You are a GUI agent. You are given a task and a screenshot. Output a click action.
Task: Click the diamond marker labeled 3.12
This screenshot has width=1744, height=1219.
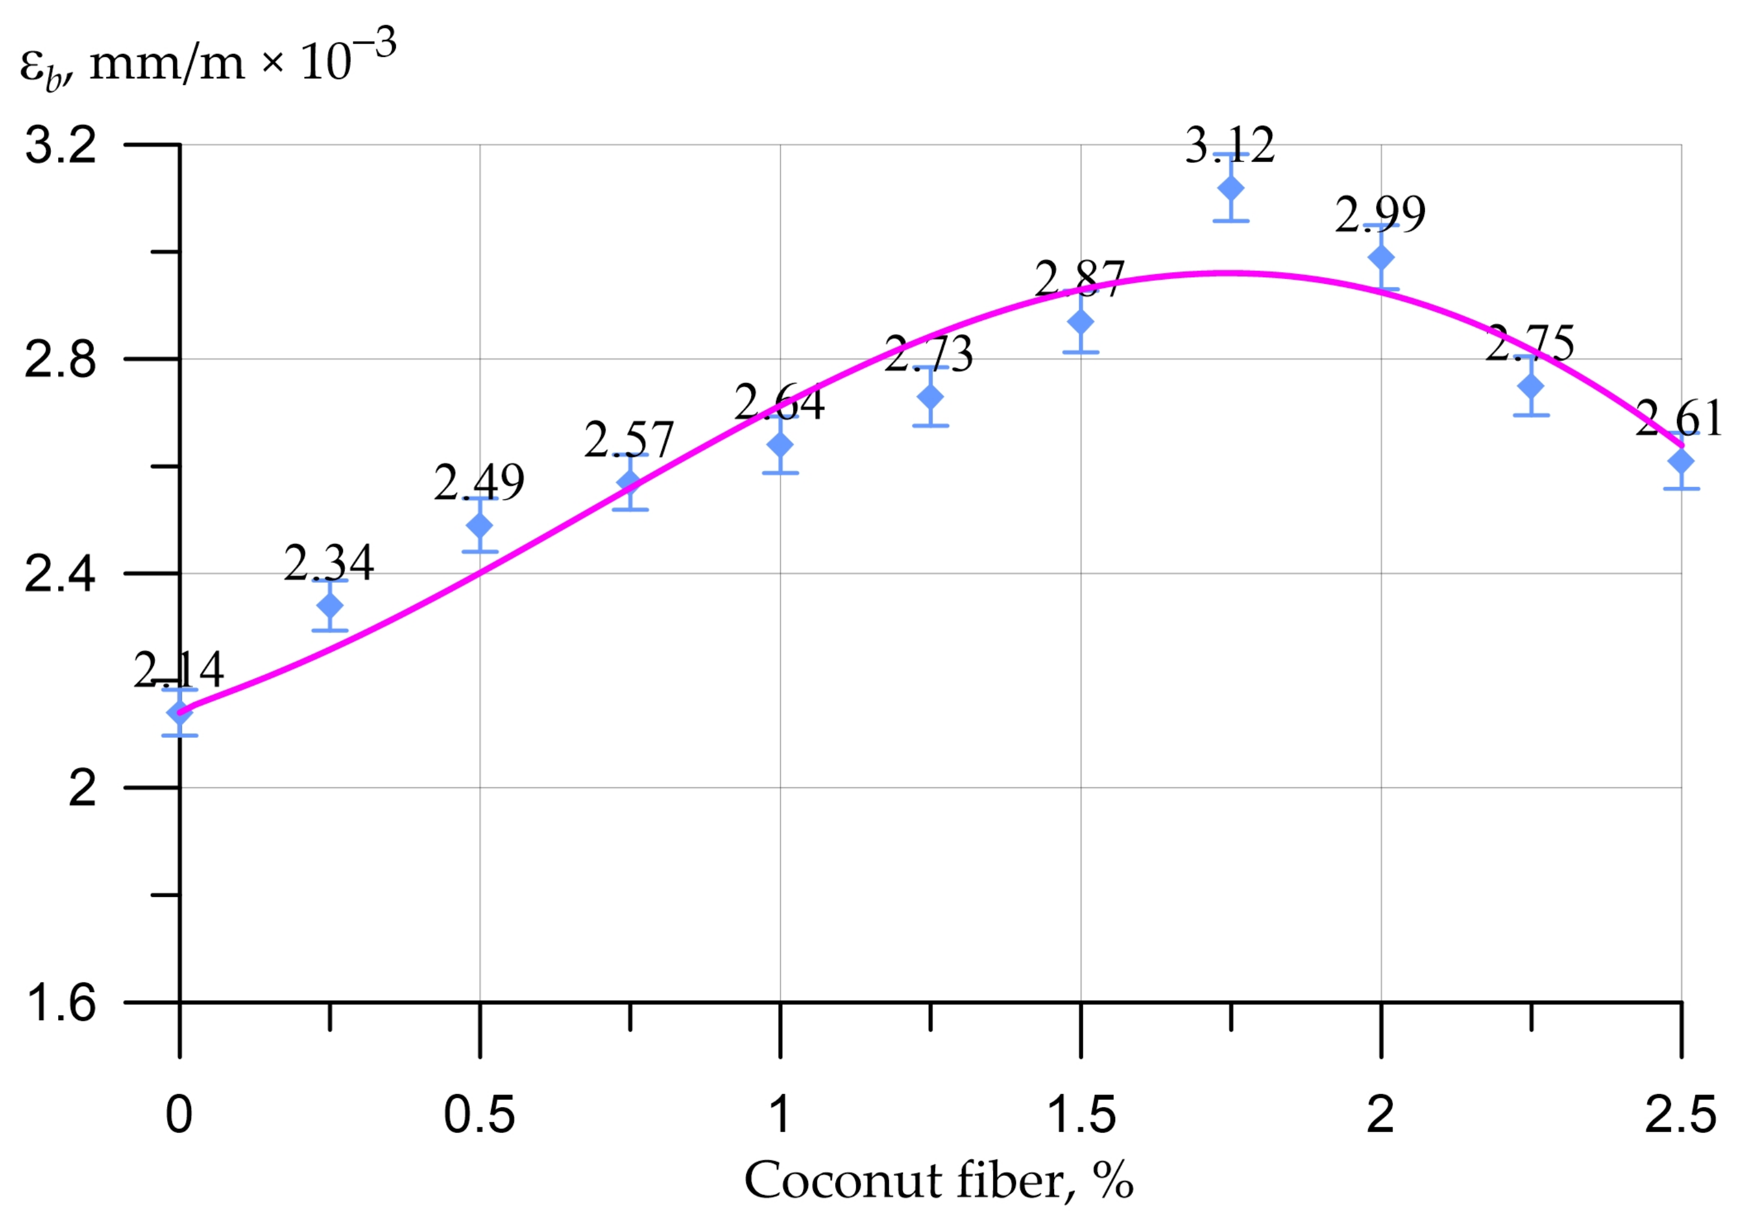1231,187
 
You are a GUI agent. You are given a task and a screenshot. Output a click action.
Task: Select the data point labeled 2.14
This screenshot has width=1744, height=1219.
179,712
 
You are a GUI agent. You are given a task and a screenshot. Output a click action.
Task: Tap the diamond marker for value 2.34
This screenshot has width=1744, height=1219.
329,605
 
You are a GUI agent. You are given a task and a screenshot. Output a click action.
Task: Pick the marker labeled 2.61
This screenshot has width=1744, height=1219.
1681,461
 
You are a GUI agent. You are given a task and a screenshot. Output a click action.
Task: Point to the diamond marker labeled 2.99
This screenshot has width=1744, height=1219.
1381,257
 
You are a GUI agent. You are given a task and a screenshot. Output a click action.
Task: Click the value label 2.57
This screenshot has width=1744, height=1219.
629,439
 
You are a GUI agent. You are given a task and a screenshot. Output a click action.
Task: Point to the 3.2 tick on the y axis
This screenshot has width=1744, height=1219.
60,144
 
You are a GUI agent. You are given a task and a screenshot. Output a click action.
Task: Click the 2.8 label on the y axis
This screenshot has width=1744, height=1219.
60,359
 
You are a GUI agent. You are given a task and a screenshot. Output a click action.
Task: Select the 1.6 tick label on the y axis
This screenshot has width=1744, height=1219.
60,1002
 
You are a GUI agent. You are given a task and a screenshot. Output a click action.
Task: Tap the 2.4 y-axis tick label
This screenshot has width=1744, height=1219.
60,574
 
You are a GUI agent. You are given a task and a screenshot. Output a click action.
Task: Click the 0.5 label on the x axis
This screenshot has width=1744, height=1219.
479,1115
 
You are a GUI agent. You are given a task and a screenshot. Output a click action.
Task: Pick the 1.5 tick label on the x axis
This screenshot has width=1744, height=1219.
1081,1115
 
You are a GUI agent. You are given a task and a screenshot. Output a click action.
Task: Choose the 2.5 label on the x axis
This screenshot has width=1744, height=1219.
1680,1115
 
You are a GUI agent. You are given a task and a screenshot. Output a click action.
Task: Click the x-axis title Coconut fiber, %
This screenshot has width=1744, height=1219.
939,1181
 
